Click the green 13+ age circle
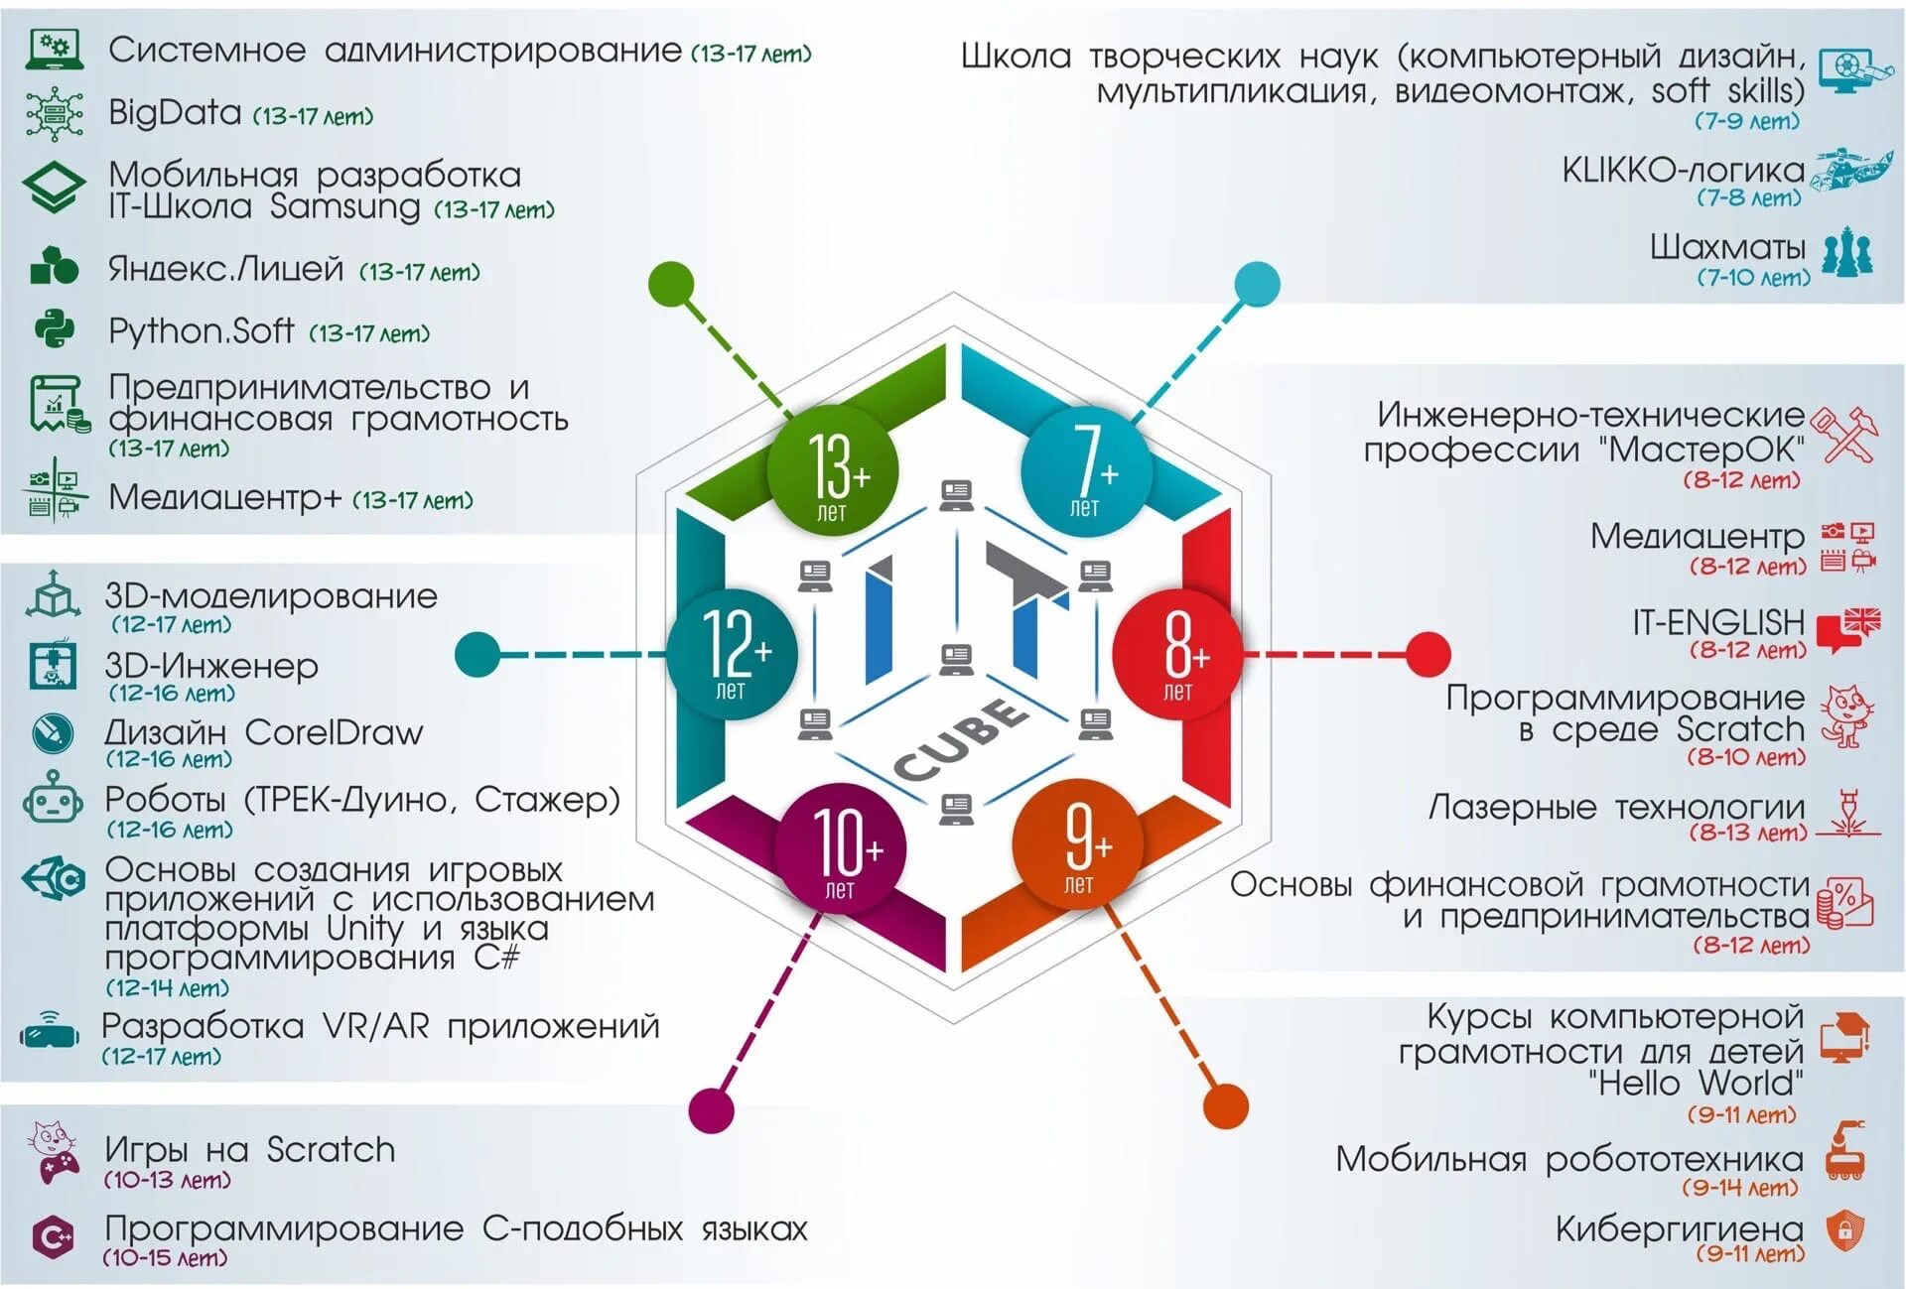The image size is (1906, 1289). click(833, 470)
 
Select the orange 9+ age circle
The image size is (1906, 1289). click(1077, 844)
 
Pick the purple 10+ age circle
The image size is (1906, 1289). click(840, 848)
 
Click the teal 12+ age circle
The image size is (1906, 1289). click(732, 652)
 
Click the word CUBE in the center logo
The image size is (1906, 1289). click(960, 739)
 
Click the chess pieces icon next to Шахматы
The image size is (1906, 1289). click(1847, 252)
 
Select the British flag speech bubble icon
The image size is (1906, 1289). click(1848, 628)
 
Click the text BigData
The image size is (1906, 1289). click(175, 112)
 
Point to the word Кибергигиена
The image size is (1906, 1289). click(1679, 1228)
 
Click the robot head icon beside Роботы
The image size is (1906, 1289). click(54, 799)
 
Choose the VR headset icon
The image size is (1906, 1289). click(50, 1031)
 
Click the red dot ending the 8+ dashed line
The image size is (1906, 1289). click(1428, 654)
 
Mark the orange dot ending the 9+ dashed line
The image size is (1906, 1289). click(1225, 1105)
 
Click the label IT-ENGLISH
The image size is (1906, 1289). click(1718, 622)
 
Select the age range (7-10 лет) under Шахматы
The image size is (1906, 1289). click(1753, 278)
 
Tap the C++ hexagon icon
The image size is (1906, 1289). click(53, 1236)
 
